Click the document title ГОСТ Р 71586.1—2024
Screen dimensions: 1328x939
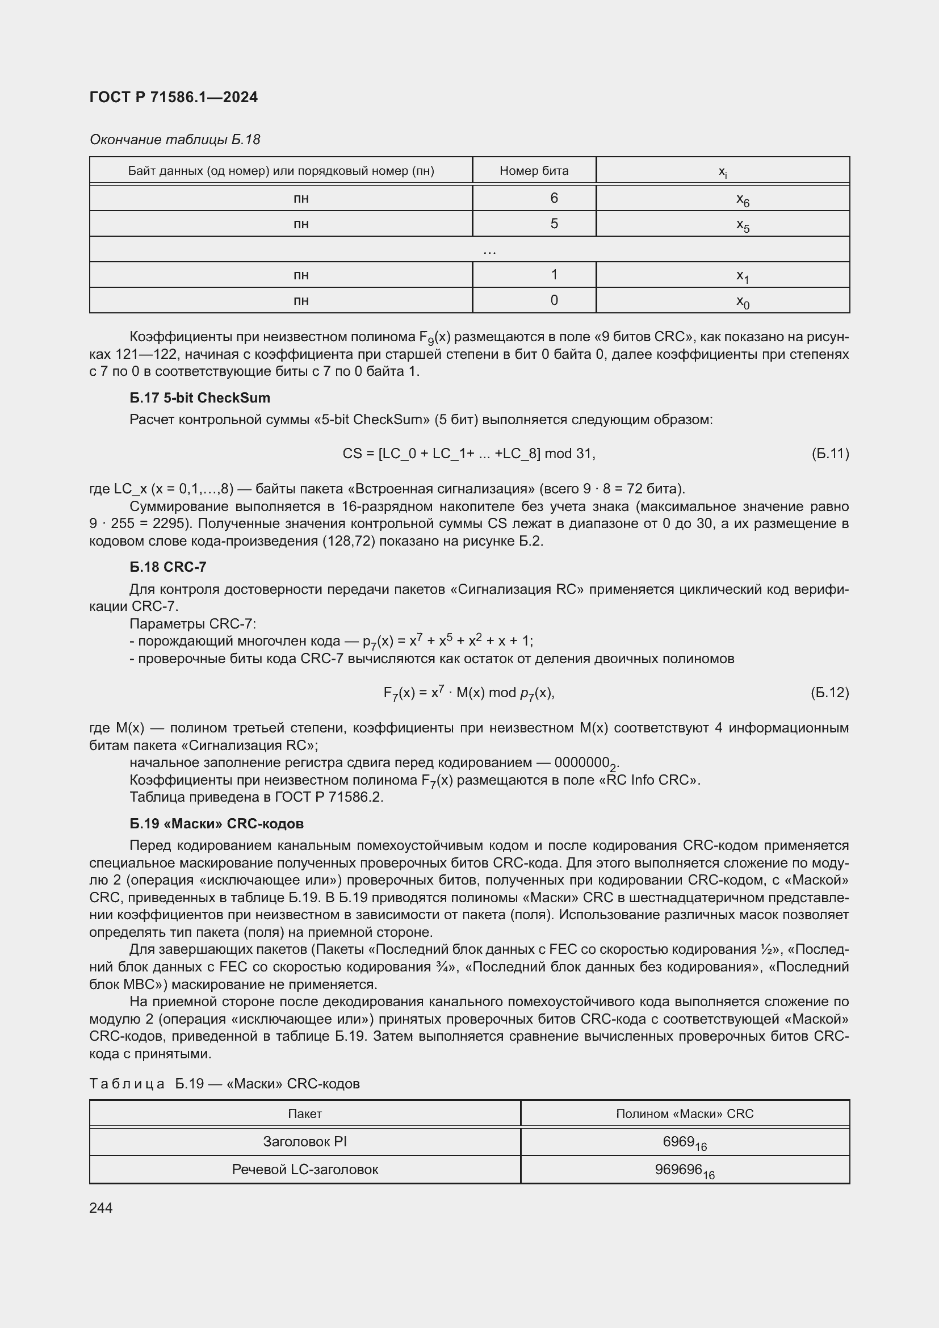(174, 97)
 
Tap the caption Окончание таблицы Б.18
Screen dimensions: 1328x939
(175, 140)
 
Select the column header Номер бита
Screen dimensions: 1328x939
(534, 171)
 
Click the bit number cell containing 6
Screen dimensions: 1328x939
(554, 198)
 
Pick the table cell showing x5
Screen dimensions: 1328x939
(743, 224)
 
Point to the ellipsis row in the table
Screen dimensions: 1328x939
(489, 250)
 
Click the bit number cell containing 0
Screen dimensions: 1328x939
(554, 300)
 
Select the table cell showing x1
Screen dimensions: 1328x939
(743, 275)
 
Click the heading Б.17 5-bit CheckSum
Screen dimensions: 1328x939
(199, 398)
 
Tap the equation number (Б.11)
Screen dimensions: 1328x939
(830, 454)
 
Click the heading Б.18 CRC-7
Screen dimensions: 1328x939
(167, 567)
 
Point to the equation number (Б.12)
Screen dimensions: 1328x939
(830, 692)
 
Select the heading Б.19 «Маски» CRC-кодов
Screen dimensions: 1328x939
(216, 824)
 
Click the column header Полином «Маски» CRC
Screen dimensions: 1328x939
(685, 1113)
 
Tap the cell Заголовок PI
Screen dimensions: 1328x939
(305, 1141)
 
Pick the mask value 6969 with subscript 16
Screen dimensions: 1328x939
(684, 1142)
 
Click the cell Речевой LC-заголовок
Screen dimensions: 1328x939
(305, 1169)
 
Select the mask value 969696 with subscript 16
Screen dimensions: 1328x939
(684, 1170)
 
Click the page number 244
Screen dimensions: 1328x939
(101, 1208)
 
